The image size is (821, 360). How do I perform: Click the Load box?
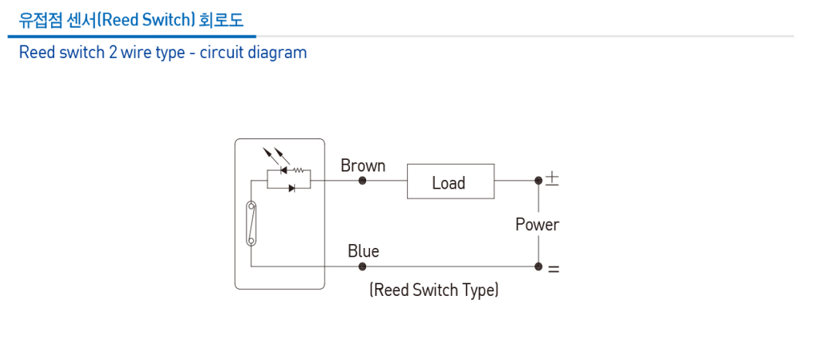(450, 182)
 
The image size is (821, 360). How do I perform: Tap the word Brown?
(363, 165)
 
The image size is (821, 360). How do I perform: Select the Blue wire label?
(363, 251)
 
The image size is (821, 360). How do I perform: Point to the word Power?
(537, 225)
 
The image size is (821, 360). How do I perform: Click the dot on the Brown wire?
(362, 181)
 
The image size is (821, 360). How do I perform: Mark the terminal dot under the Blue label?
(362, 267)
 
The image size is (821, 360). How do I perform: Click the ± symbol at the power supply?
(552, 179)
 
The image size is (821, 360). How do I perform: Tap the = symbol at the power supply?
(553, 270)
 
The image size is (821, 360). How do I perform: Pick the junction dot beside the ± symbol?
(538, 181)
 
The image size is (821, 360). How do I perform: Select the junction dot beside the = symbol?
(538, 267)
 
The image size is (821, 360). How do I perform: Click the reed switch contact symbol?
(251, 223)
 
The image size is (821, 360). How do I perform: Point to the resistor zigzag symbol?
(297, 171)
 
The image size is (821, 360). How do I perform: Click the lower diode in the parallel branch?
(290, 188)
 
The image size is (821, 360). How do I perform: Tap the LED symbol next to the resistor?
(283, 171)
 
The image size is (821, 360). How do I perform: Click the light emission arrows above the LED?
(271, 155)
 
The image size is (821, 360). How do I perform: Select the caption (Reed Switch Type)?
(433, 290)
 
